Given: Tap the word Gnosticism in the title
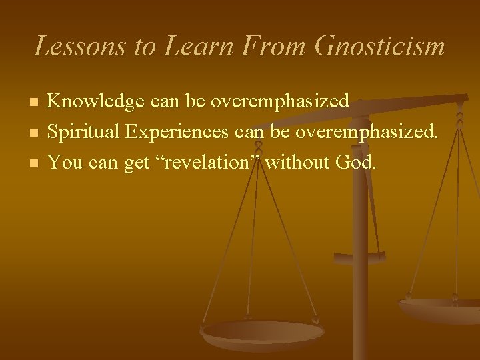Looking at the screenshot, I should click(x=379, y=46).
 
